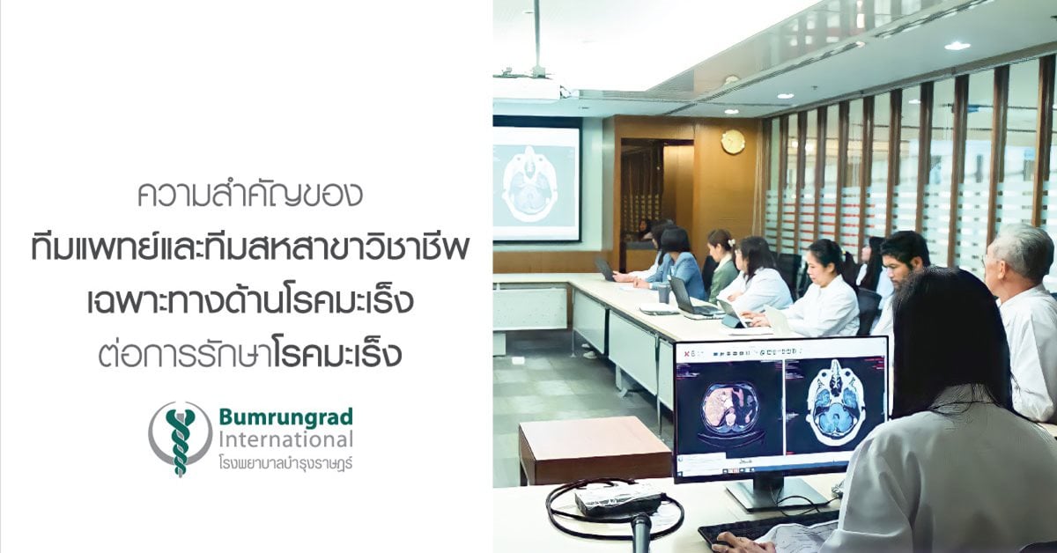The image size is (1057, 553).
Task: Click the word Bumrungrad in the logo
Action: point(286,417)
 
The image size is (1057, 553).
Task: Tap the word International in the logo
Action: point(286,440)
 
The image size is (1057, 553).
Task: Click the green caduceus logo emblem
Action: point(181,439)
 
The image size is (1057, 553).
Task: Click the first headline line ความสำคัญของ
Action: point(250,194)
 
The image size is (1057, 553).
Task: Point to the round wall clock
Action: point(733,142)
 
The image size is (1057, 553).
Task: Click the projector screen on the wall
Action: point(536,183)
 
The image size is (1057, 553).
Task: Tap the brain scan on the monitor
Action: point(834,403)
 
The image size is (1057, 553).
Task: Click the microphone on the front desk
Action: point(641,532)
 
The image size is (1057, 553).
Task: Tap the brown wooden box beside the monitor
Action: point(595,451)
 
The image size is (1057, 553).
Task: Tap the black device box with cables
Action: point(618,499)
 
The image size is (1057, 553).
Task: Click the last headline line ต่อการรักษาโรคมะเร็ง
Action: point(250,355)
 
